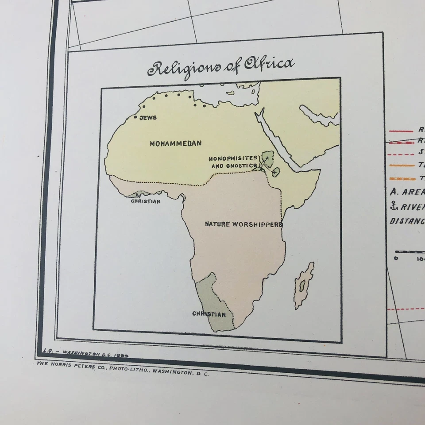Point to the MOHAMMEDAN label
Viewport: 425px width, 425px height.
click(x=175, y=143)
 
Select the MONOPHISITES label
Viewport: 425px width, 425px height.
click(x=233, y=158)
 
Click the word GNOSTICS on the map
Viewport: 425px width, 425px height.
click(x=242, y=166)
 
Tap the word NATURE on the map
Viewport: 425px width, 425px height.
click(x=217, y=224)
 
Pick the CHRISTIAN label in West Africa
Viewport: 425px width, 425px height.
click(x=146, y=201)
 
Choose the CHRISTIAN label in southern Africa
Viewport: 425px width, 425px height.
click(x=209, y=314)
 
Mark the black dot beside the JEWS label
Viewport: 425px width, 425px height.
click(x=135, y=117)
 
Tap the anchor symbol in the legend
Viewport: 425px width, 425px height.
click(x=393, y=205)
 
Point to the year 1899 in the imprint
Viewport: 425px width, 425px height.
click(x=123, y=355)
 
